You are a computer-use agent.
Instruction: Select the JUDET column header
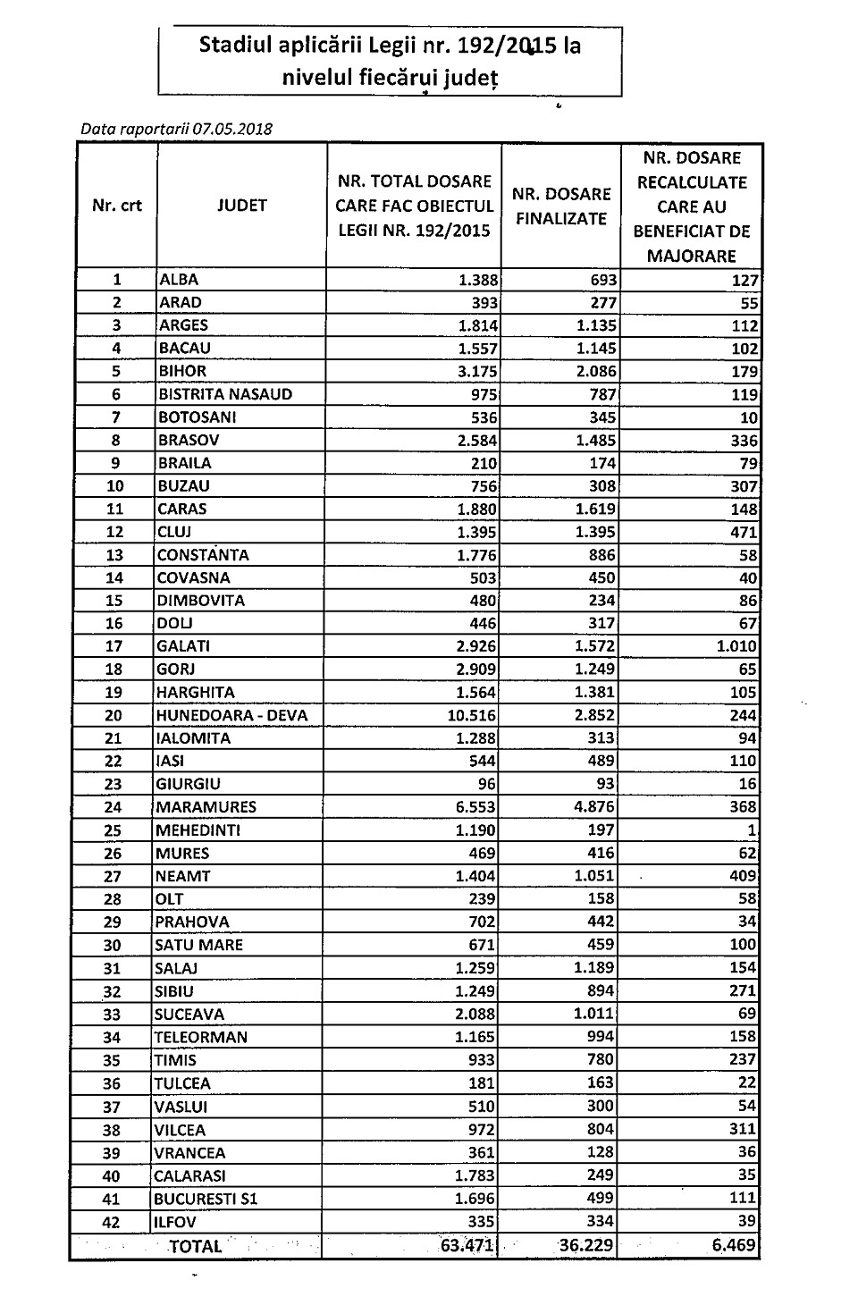tap(241, 206)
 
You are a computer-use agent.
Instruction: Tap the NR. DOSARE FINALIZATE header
tap(562, 206)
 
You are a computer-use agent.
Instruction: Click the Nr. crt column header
tap(117, 206)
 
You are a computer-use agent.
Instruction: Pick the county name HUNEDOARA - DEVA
tap(220, 715)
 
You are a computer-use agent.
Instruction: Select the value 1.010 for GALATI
tap(737, 646)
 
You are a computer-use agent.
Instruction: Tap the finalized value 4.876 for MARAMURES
tap(593, 807)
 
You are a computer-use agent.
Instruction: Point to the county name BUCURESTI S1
tap(206, 1199)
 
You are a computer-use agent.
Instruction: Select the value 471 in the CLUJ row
tap(744, 532)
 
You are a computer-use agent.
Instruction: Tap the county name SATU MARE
tap(198, 945)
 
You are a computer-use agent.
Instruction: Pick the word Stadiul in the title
tap(233, 45)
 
